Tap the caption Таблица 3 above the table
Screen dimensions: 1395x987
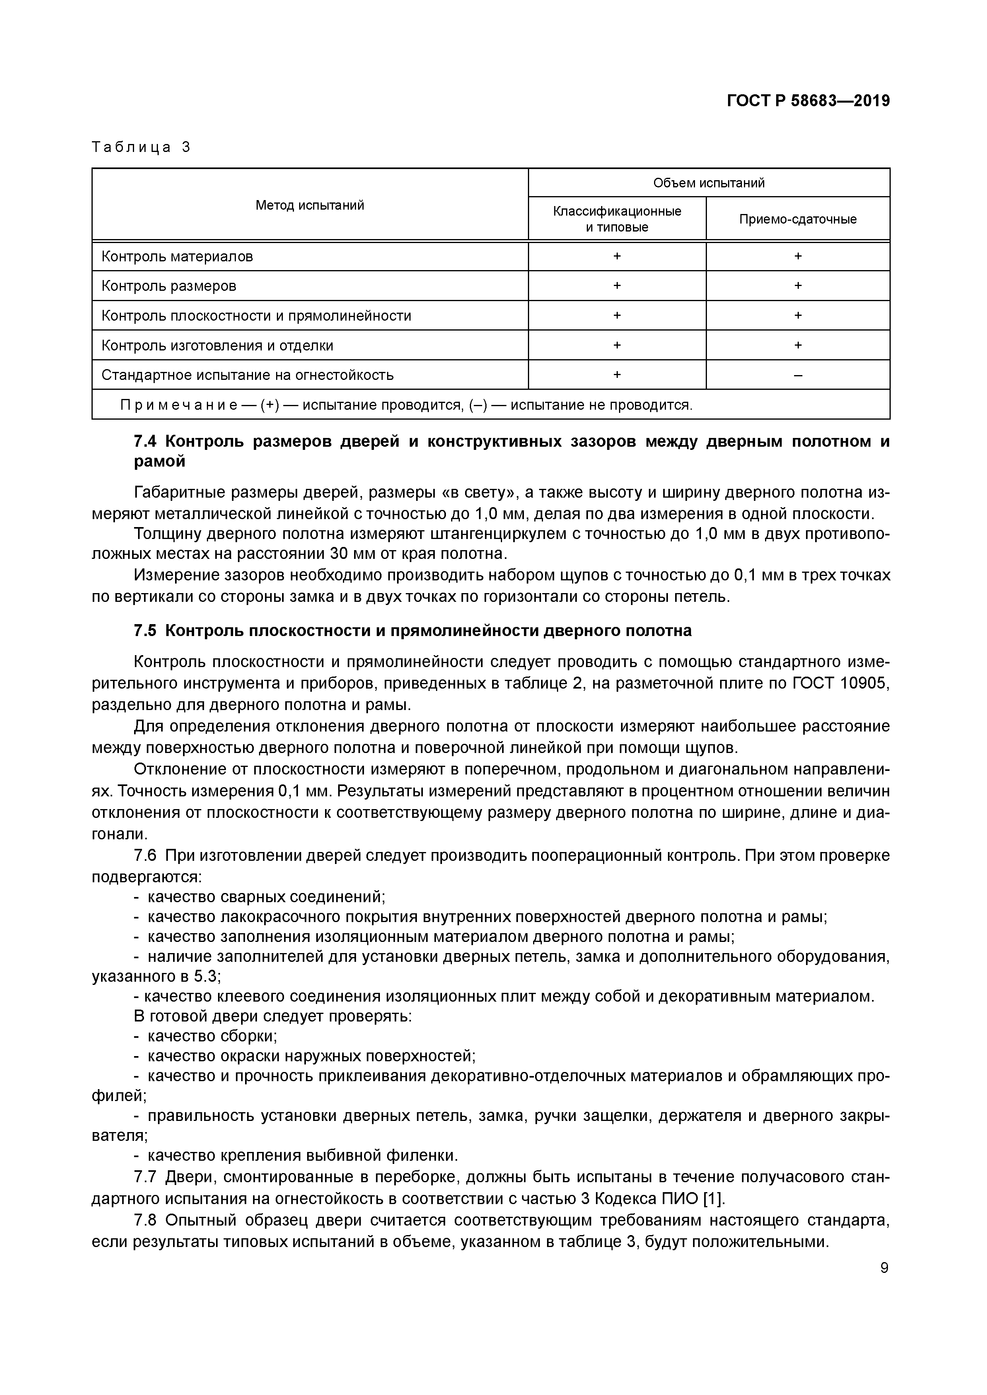(141, 147)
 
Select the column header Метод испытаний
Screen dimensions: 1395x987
(310, 205)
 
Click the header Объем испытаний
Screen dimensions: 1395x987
(709, 183)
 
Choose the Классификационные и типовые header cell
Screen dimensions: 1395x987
(617, 219)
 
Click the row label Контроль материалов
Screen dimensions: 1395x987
(177, 257)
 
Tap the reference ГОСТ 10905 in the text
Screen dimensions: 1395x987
(841, 683)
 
